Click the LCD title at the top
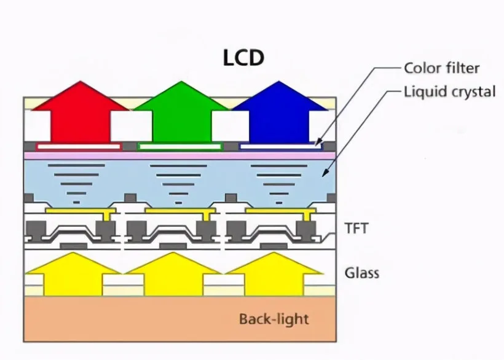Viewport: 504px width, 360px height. [x=243, y=58]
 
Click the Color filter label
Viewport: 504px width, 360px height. [x=442, y=68]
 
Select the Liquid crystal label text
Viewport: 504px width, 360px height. [x=450, y=92]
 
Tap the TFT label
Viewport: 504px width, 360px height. [x=356, y=229]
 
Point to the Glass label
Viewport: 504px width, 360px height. [x=362, y=273]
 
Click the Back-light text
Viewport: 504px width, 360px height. [x=274, y=319]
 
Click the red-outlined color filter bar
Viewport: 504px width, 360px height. [x=79, y=147]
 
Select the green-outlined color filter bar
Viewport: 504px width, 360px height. [x=180, y=147]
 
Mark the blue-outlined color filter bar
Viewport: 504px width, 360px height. [x=280, y=147]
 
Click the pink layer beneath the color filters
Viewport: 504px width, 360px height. [x=180, y=156]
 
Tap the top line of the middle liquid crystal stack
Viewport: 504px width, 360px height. [x=178, y=166]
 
